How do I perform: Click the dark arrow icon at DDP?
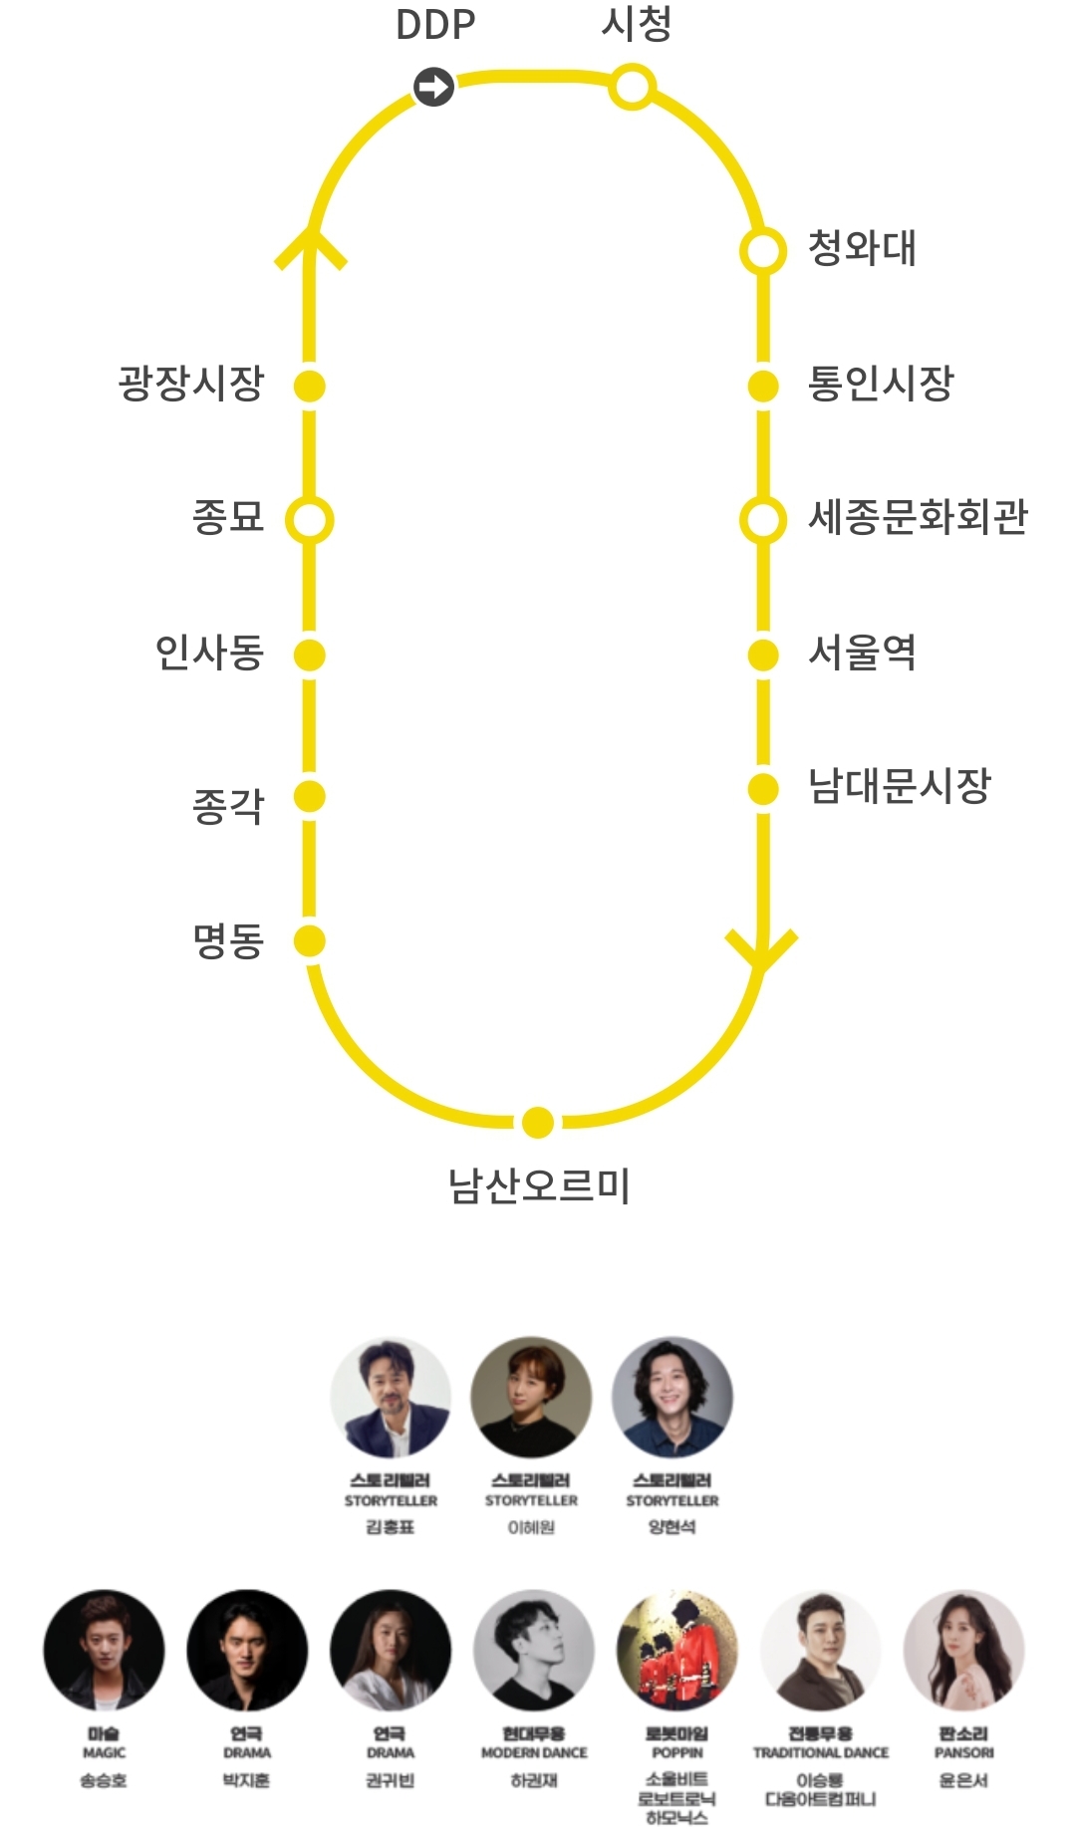433,87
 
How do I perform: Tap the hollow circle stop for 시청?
632,86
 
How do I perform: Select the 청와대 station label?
862,248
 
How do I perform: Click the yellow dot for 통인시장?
763,386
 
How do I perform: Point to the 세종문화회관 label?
918,517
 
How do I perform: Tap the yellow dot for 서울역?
763,654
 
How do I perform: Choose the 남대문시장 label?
899,786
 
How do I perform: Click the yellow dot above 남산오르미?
538,1122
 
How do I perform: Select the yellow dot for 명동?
310,940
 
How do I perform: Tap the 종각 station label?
228,805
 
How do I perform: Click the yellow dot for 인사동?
310,654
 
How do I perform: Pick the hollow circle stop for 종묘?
310,520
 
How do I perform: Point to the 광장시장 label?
191,384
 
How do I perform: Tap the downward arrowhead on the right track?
762,951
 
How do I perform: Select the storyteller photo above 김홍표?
391,1397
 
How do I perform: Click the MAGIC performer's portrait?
104,1651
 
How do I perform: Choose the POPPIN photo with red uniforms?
676,1651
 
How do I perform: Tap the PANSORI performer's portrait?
963,1651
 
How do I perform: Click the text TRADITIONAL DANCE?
821,1752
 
